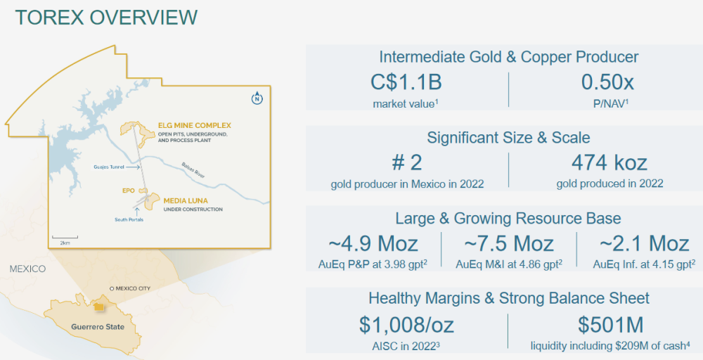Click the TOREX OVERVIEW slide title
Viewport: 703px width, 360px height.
(106, 18)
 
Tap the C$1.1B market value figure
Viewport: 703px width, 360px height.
(406, 82)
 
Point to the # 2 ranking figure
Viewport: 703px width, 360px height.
(407, 163)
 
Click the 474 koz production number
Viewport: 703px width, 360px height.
(610, 163)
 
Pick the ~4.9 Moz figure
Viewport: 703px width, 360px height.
(373, 243)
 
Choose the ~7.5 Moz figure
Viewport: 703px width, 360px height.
(508, 243)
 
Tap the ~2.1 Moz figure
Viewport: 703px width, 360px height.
(644, 243)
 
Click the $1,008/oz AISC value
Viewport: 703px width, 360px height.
(406, 325)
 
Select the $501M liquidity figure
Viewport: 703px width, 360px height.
(610, 325)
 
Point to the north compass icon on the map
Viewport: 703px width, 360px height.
(257, 98)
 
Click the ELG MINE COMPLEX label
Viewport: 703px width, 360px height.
(195, 125)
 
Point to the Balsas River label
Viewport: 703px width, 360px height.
(193, 170)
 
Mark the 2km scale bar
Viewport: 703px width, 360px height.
(65, 238)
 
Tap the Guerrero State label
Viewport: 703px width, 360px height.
(98, 327)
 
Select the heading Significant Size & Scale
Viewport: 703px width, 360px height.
(508, 137)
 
